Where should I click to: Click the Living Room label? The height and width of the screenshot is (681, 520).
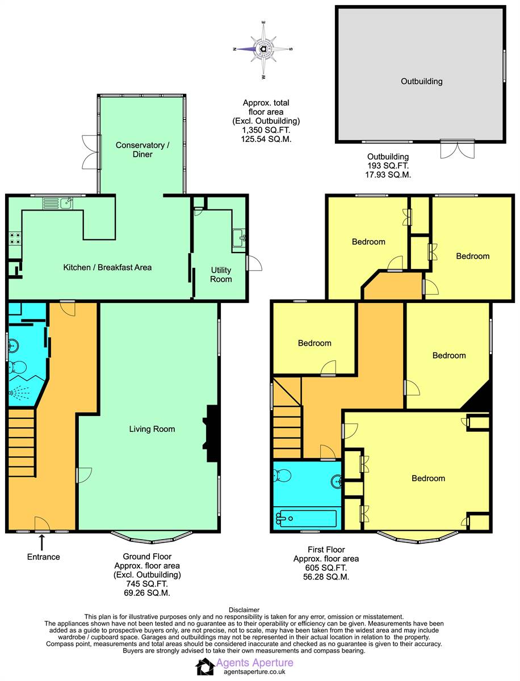coord(152,429)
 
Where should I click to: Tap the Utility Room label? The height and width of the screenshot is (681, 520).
coord(221,275)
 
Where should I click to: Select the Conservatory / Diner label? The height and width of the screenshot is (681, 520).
coord(142,150)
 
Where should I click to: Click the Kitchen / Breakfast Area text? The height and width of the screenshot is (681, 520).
coord(107,267)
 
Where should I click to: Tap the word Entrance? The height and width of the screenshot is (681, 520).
coord(44,557)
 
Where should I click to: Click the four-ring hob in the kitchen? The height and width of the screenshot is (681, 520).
coord(15,238)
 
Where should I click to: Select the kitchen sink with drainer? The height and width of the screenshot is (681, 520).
coord(58,204)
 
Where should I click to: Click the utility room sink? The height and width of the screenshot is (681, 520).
coord(239,238)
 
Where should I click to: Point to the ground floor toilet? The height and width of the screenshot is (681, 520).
coord(17,368)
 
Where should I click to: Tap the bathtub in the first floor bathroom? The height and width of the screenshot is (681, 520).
coord(305,519)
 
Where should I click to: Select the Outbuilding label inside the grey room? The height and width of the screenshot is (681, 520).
coord(421,81)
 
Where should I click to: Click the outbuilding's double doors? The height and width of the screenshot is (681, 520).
coord(458,149)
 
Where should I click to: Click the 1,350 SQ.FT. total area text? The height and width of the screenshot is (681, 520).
coord(266,130)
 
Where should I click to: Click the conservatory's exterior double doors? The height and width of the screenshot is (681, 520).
coord(91,152)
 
